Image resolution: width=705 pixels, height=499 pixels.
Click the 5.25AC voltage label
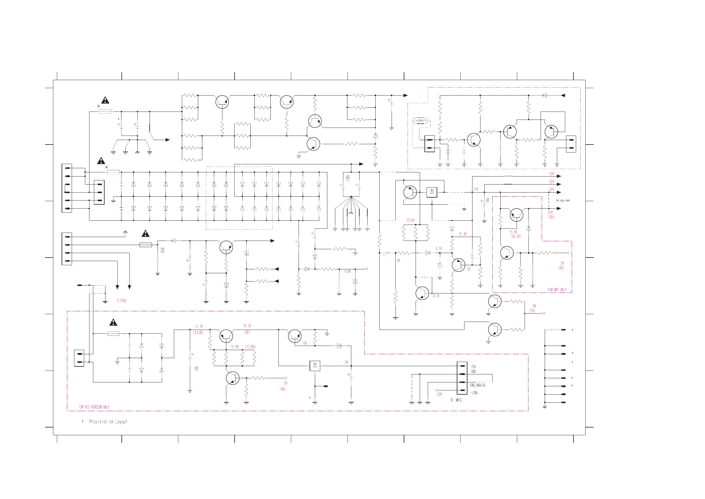pos(121,301)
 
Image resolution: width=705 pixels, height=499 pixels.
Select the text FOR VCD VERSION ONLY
pos(94,407)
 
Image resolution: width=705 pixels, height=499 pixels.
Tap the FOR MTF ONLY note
pos(557,290)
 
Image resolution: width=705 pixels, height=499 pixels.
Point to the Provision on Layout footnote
pos(108,422)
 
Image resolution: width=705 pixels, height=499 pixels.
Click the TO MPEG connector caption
pos(456,400)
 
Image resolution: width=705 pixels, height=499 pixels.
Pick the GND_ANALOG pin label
pos(478,385)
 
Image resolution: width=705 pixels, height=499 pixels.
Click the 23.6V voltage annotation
pos(411,220)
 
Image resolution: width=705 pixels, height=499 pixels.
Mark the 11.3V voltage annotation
pos(462,234)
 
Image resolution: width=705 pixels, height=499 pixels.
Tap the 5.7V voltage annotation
pos(438,249)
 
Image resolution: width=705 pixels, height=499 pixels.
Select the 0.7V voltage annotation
pos(436,296)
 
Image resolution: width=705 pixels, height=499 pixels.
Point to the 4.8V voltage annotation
pos(347,271)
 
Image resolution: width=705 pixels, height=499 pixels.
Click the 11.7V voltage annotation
pos(199,327)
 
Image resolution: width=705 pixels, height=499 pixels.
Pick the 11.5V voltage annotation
pos(247,326)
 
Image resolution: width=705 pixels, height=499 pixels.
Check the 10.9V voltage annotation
pos(235,347)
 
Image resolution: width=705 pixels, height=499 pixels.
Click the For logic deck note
pos(563,201)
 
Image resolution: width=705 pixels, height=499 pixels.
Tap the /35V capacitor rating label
pos(348,178)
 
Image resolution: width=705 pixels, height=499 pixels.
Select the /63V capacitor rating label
pos(163,250)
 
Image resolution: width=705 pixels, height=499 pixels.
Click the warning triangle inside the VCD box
pos(113,322)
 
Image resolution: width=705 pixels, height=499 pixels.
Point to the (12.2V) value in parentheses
pos(516,236)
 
